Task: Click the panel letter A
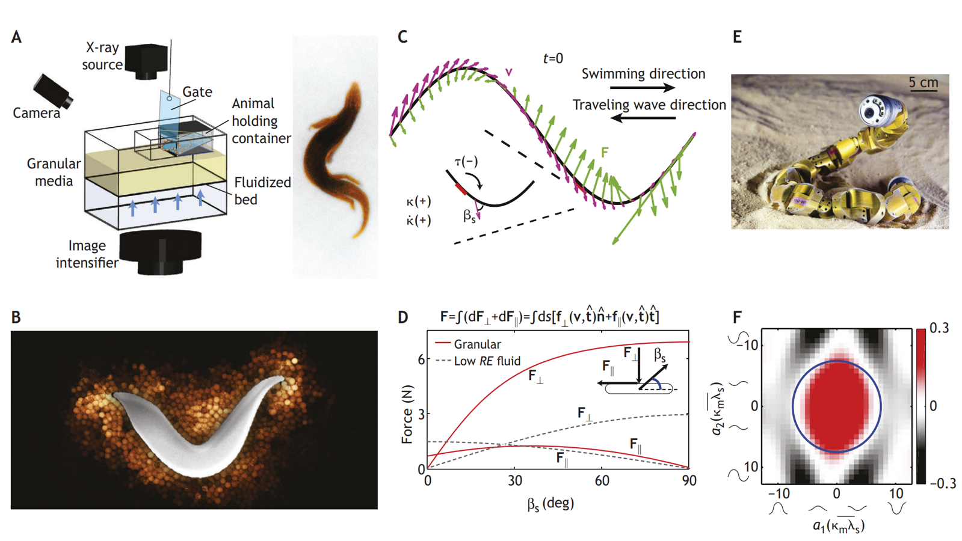pos(16,37)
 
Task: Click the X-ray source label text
pos(102,56)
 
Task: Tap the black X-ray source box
pos(146,60)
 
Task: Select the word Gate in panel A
pos(197,92)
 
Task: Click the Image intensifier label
pos(87,254)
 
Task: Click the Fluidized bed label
pos(262,191)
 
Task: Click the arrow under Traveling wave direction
pos(643,118)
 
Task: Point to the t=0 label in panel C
pos(552,58)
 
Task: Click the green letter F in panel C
pos(604,153)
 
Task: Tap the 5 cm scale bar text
pos(923,82)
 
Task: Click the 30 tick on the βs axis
pos(514,481)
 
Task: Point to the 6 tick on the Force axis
pos(421,359)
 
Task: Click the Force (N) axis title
pos(407,415)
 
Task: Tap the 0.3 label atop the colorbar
pos(939,328)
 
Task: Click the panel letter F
pos(737,317)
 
